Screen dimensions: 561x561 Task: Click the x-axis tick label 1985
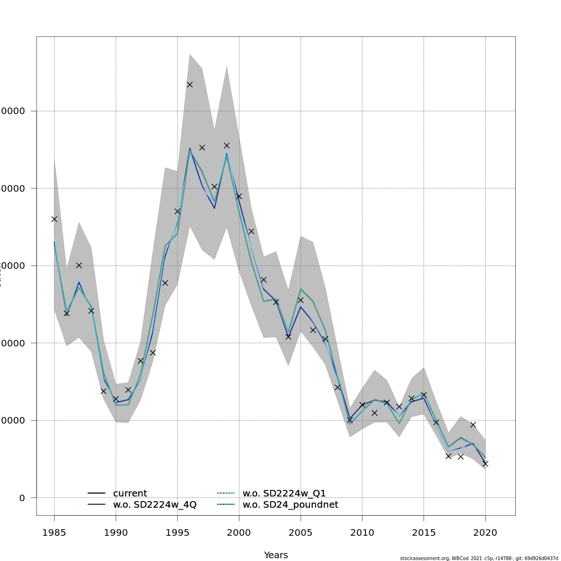pyautogui.click(x=54, y=532)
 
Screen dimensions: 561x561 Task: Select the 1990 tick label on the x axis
pyautogui.click(x=116, y=532)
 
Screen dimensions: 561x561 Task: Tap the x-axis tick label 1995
pyautogui.click(x=177, y=532)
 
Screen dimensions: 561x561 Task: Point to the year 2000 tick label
pyautogui.click(x=239, y=532)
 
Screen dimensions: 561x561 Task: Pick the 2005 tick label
pyautogui.click(x=301, y=532)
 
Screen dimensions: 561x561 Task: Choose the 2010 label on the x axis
pyautogui.click(x=362, y=532)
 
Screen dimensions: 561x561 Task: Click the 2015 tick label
pyautogui.click(x=424, y=532)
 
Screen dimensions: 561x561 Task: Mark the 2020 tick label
pyautogui.click(x=485, y=532)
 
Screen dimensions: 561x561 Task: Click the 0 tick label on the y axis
pyautogui.click(x=22, y=498)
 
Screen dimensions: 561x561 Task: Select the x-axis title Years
pyautogui.click(x=276, y=555)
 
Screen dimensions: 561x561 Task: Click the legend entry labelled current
pyautogui.click(x=129, y=493)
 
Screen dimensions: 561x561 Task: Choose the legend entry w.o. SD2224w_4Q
pyautogui.click(x=154, y=505)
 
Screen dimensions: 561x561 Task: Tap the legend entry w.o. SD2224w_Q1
pyautogui.click(x=284, y=493)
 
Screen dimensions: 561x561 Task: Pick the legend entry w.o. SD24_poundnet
pyautogui.click(x=290, y=505)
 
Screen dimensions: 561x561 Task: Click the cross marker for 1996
pyautogui.click(x=190, y=84)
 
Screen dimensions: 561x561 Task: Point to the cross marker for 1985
pyautogui.click(x=54, y=219)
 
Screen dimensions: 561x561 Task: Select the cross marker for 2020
pyautogui.click(x=485, y=463)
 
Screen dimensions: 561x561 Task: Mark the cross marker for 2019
pyautogui.click(x=473, y=424)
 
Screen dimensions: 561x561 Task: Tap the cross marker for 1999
pyautogui.click(x=227, y=145)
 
